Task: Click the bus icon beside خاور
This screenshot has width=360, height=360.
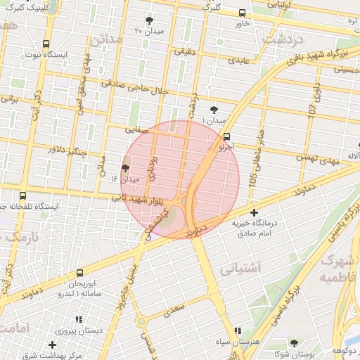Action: [243, 13]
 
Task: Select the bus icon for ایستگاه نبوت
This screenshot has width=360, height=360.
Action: [46, 43]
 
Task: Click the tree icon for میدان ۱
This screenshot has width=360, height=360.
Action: [214, 109]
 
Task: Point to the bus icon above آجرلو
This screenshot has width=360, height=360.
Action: [226, 137]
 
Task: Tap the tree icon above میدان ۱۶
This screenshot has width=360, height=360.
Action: [125, 168]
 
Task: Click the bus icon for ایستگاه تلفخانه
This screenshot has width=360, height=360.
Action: [23, 196]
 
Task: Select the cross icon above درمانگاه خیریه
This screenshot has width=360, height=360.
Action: [254, 212]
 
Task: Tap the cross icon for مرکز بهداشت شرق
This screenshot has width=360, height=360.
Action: [53, 345]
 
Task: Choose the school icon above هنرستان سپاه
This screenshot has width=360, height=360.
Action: [236, 330]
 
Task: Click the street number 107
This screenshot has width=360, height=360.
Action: [312, 110]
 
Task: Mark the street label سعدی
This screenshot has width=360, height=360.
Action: [173, 307]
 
